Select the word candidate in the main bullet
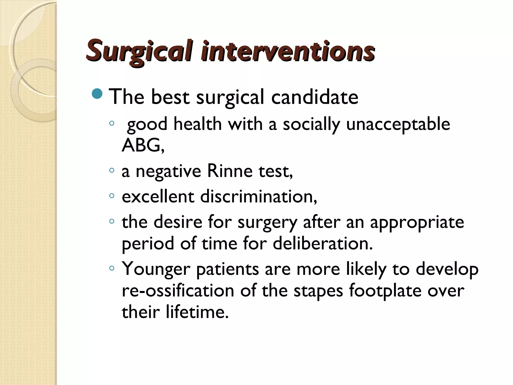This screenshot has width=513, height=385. click(315, 97)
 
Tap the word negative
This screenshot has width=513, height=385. click(168, 171)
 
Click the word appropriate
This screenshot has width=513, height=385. click(417, 223)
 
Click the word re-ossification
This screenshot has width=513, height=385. click(178, 291)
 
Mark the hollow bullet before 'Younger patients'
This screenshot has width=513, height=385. click(112, 268)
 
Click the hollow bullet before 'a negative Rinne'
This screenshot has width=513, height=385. click(112, 170)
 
